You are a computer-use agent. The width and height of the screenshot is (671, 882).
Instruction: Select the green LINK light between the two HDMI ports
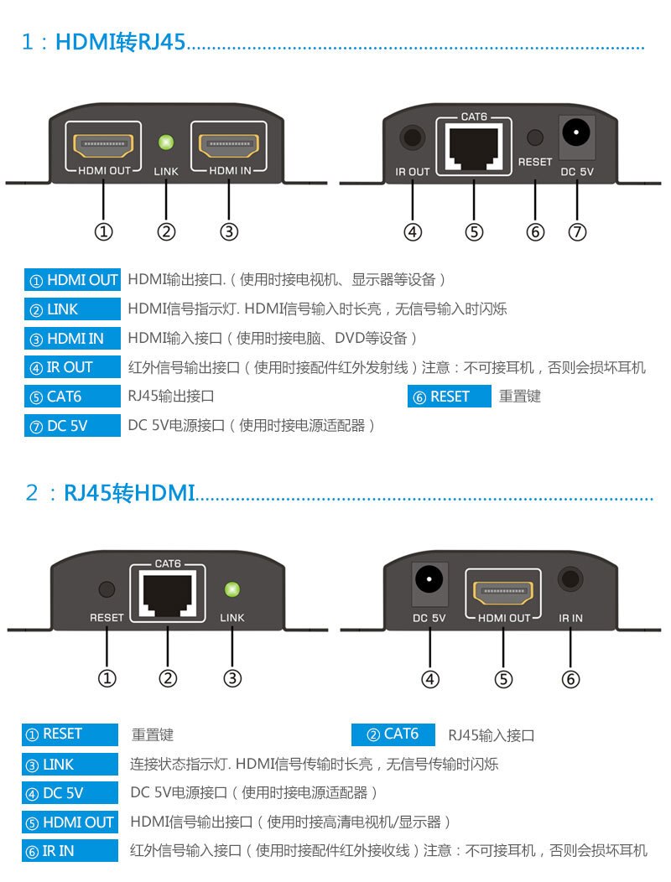(166, 142)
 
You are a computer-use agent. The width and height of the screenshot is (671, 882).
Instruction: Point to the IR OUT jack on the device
(412, 137)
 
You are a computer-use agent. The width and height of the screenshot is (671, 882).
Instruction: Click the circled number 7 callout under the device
(577, 231)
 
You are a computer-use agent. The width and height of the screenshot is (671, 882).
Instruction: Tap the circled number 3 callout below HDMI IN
(229, 231)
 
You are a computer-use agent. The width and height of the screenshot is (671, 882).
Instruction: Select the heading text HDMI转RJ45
(120, 41)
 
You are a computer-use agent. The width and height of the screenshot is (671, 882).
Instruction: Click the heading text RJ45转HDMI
(129, 492)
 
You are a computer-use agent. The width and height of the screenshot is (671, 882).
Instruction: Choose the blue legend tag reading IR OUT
(72, 367)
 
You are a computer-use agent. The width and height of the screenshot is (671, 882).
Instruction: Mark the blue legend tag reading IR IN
(70, 850)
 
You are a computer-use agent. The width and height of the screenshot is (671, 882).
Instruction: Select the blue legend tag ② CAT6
(393, 734)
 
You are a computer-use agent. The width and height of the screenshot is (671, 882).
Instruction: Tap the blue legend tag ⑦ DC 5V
(72, 426)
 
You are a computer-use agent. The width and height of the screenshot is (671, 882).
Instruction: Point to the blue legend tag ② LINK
(72, 309)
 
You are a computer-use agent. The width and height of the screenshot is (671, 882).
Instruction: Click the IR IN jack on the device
(571, 579)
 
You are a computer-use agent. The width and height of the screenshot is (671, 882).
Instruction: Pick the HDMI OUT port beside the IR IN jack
(503, 592)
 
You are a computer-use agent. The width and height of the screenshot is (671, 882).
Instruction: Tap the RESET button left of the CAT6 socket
(107, 589)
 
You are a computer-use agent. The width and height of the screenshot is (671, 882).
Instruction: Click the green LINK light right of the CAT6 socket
(232, 589)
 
